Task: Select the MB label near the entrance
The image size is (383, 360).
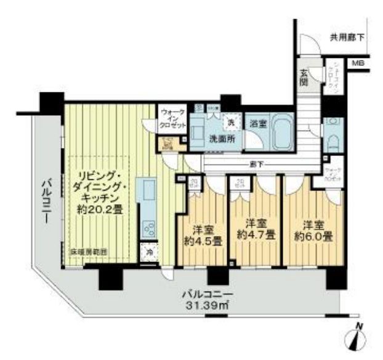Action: (357, 63)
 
